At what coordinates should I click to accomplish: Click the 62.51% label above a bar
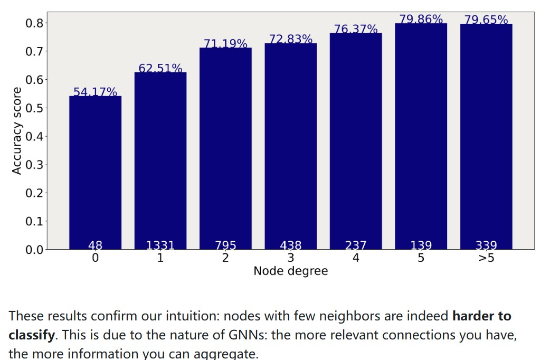[160, 69]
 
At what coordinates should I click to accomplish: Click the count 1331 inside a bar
[160, 245]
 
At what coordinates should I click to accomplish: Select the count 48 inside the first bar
[95, 245]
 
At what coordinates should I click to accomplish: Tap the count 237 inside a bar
[356, 245]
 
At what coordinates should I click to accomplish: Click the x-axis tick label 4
[356, 258]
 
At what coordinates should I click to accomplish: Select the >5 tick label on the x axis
[486, 258]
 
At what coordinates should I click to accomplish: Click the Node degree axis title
[290, 271]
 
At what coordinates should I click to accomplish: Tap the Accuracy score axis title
[17, 131]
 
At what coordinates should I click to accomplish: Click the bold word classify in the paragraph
[32, 335]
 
